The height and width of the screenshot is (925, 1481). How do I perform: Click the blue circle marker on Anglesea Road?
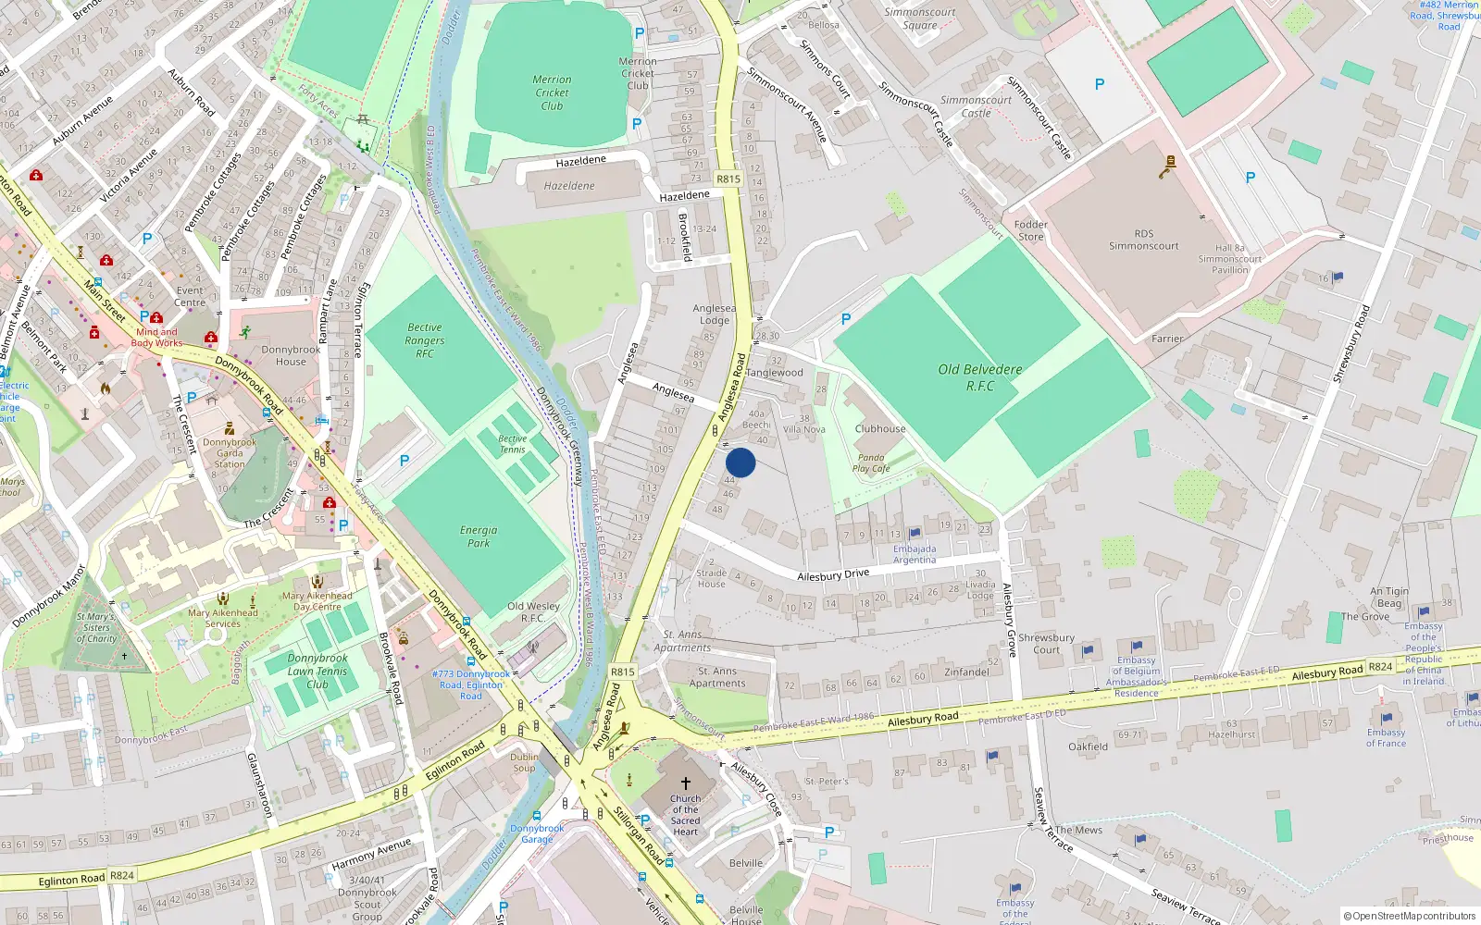[x=740, y=462]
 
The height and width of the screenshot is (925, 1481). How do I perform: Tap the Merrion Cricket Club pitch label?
[x=552, y=92]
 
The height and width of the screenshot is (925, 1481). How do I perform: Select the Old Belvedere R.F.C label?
[x=979, y=377]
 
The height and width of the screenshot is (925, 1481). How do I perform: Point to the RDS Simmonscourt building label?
[x=1144, y=240]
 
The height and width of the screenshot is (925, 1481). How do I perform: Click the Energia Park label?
[x=479, y=536]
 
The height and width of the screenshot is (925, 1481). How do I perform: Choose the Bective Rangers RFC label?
[x=425, y=340]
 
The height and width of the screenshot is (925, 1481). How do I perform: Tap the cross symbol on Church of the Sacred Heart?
[x=686, y=783]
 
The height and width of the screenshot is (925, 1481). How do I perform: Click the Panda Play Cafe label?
[x=871, y=462]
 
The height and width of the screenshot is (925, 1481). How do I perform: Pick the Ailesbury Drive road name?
[x=833, y=574]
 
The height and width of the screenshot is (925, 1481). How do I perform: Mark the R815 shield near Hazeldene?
[x=728, y=179]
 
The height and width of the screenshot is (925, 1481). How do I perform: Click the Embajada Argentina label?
[x=915, y=554]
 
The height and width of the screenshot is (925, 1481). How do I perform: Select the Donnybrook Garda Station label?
[x=230, y=453]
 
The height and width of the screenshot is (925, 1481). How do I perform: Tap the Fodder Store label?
[x=1030, y=230]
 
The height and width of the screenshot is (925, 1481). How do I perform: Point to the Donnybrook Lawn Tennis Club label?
[x=317, y=672]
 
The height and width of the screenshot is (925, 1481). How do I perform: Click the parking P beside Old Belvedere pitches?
[x=846, y=319]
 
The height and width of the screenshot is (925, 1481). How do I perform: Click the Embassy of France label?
[x=1386, y=737]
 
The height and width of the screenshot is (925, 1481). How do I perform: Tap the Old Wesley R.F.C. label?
[x=533, y=611]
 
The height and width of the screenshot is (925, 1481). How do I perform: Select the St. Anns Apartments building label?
[x=717, y=677]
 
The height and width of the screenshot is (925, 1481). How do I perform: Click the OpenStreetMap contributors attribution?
[x=1410, y=916]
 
